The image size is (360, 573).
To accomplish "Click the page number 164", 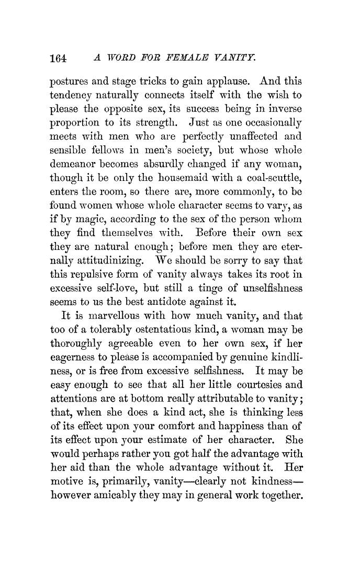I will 58,59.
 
